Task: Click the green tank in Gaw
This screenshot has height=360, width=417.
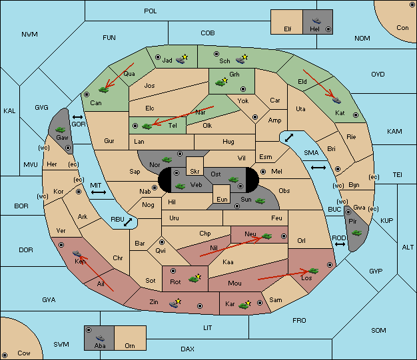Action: (x=61, y=130)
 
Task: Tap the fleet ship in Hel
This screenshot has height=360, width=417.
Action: (x=316, y=21)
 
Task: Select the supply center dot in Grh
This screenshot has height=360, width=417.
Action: (x=243, y=89)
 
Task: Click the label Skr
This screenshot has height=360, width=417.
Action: (x=195, y=172)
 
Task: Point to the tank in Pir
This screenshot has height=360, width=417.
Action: (x=356, y=233)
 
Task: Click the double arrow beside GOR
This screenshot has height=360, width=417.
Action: (x=78, y=117)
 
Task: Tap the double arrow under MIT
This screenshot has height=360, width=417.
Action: (x=99, y=192)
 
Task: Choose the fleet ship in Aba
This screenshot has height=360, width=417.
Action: (x=101, y=338)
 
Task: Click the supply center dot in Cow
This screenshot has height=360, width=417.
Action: (x=5, y=355)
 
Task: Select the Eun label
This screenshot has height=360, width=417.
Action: (x=222, y=200)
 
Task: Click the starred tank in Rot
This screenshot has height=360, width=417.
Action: (x=195, y=278)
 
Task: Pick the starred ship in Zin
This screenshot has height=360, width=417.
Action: (x=175, y=303)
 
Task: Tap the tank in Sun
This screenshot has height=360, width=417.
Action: (x=260, y=201)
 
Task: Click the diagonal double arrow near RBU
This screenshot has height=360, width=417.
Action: (x=128, y=222)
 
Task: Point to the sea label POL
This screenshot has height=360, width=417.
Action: (x=151, y=11)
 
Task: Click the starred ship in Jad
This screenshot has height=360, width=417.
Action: (x=182, y=59)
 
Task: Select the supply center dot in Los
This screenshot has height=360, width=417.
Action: (x=330, y=265)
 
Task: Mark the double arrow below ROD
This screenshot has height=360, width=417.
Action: (x=340, y=244)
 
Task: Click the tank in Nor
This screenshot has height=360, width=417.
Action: (x=167, y=160)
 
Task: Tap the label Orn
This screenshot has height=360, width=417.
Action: (x=130, y=345)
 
